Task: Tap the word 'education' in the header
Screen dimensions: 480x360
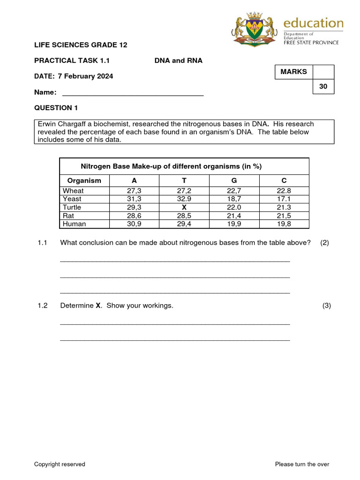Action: [314, 23]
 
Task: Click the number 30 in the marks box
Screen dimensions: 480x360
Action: [323, 87]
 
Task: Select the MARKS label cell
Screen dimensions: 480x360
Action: [294, 72]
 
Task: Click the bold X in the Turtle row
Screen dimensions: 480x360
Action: [184, 207]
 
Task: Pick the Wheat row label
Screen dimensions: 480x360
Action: [73, 191]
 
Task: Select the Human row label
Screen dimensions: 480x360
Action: [75, 224]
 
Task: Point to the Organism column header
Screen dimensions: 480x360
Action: [84, 180]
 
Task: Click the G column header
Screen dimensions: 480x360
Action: [234, 180]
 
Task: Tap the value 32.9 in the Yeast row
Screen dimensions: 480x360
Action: [184, 199]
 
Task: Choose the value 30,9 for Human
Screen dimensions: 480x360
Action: [134, 224]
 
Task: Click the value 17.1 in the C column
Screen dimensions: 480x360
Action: [284, 199]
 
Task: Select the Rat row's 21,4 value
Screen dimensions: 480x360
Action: [234, 216]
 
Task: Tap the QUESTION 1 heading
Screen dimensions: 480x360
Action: [56, 108]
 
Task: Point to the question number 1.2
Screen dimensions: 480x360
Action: [43, 306]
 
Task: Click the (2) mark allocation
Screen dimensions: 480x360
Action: [325, 242]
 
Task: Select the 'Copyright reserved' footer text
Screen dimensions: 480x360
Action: [60, 464]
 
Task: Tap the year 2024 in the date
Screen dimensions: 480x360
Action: [103, 76]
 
